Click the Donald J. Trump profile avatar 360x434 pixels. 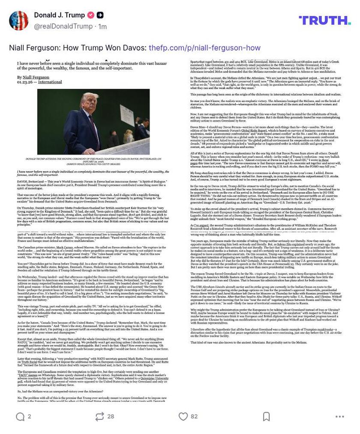pyautogui.click(x=18, y=20)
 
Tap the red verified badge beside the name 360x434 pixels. pyautogui.click(x=91, y=15)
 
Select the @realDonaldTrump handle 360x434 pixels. pyautogui.click(x=63, y=26)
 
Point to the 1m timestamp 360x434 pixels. pyautogui.click(x=102, y=26)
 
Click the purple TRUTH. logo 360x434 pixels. pyautogui.click(x=324, y=20)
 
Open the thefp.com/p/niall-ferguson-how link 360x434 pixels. pyautogui.click(x=204, y=48)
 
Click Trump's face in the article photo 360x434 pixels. pyautogui.click(x=89, y=101)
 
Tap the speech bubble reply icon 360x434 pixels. pyautogui.click(x=20, y=416)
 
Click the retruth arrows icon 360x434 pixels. pyautogui.click(x=99, y=416)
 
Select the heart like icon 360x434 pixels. pyautogui.click(x=183, y=416)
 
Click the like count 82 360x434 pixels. pyautogui.click(x=194, y=416)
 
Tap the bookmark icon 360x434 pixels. pyautogui.click(x=266, y=416)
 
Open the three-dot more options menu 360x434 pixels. pyautogui.click(x=339, y=416)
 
